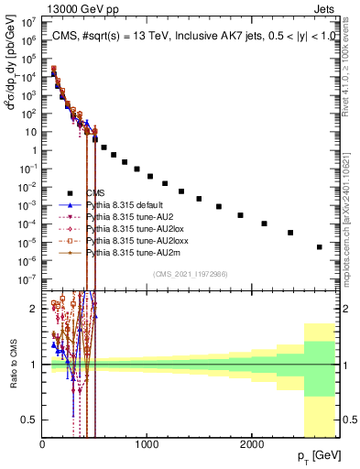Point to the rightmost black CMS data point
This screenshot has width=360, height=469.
[x=319, y=247]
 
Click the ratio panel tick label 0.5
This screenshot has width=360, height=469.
[x=31, y=420]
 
